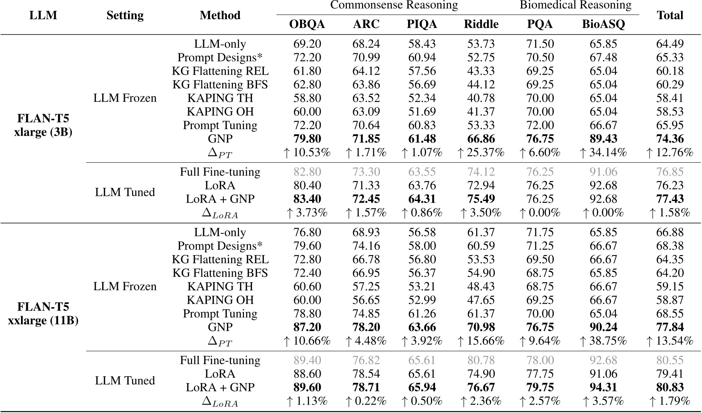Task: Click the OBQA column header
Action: (x=307, y=24)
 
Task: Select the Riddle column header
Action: (x=481, y=24)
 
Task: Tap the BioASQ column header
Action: (x=603, y=24)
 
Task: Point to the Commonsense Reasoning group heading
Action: (x=394, y=5)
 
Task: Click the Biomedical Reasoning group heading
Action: (x=575, y=5)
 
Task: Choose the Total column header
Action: (x=670, y=15)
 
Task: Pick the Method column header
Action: (x=220, y=15)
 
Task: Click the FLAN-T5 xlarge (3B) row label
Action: (x=43, y=125)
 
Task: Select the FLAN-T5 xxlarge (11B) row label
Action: (x=43, y=314)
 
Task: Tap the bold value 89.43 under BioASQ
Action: (x=603, y=139)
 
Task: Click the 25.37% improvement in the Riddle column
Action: (x=481, y=153)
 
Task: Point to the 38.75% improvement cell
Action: (x=603, y=341)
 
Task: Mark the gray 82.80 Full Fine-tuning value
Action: (x=307, y=172)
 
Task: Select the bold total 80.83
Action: (x=670, y=388)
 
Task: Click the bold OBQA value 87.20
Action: (x=307, y=327)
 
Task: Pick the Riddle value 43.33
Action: (x=481, y=71)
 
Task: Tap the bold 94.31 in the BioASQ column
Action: (x=603, y=388)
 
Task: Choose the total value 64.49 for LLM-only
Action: (x=670, y=44)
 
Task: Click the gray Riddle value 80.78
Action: (x=481, y=361)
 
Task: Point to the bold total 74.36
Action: (x=670, y=139)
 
